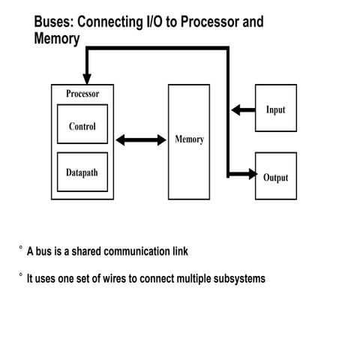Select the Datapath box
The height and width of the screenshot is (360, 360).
[x=82, y=172]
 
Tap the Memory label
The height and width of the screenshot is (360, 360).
[x=189, y=139]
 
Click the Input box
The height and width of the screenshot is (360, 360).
[x=276, y=110]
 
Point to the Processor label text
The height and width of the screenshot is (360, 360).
[x=82, y=94]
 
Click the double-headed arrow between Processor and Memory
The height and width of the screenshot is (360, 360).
[x=140, y=139]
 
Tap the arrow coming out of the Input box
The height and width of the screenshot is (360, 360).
[x=242, y=110]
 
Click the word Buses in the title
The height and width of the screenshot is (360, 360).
[x=55, y=22]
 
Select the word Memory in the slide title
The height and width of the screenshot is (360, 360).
[x=56, y=38]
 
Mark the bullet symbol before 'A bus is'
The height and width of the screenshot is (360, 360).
[x=21, y=247]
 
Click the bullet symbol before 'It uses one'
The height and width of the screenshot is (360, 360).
[x=21, y=274]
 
